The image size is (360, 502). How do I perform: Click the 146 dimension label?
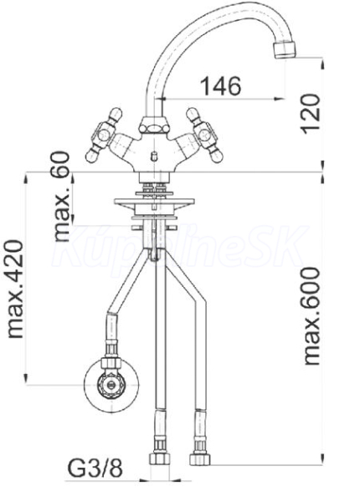221,86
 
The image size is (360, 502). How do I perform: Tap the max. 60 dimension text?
62,196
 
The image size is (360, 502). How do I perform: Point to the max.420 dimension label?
16,289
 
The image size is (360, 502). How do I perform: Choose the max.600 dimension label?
312,316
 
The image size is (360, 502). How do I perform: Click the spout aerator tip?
285,50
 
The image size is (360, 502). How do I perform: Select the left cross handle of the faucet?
104,135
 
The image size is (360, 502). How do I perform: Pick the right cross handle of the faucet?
204,135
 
